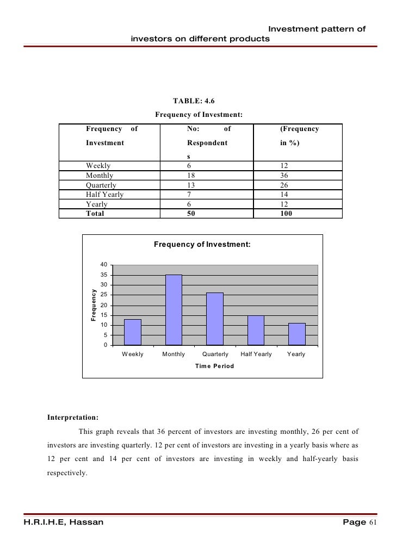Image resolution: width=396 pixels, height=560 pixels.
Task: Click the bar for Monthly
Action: [174, 310]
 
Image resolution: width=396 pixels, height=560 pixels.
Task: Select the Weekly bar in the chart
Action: [132, 332]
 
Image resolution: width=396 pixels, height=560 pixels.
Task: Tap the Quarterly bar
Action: [215, 319]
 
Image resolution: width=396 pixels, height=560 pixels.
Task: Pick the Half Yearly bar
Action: [256, 330]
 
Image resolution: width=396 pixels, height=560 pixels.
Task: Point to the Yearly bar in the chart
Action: [296, 334]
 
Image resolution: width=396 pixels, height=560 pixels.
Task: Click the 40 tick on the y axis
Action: [103, 265]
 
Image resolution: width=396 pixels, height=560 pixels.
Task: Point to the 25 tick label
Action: [103, 295]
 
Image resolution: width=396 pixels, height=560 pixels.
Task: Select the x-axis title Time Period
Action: [214, 366]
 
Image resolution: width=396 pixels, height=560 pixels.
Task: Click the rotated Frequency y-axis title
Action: [93, 304]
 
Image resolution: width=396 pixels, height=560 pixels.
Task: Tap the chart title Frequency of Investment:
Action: [202, 245]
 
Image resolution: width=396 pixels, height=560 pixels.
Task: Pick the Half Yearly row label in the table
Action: [104, 195]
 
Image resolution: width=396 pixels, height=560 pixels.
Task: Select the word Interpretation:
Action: [73, 418]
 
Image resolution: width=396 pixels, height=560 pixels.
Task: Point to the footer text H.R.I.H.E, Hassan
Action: [63, 522]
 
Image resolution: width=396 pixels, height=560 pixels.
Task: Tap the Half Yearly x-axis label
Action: [256, 354]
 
